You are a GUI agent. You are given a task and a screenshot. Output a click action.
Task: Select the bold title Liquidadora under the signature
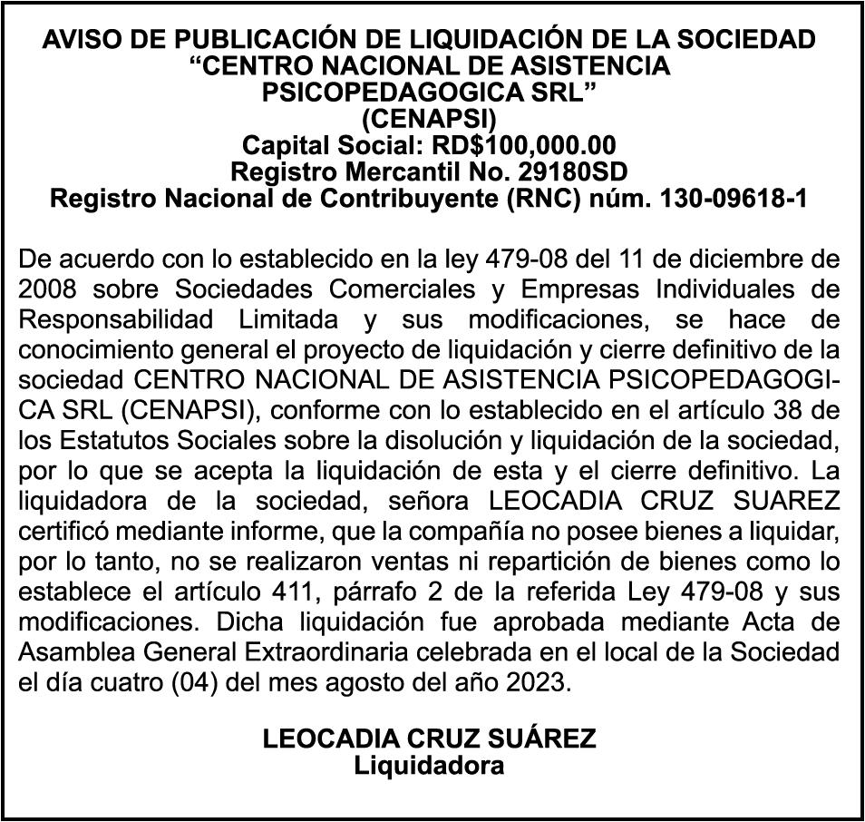click(x=429, y=766)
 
